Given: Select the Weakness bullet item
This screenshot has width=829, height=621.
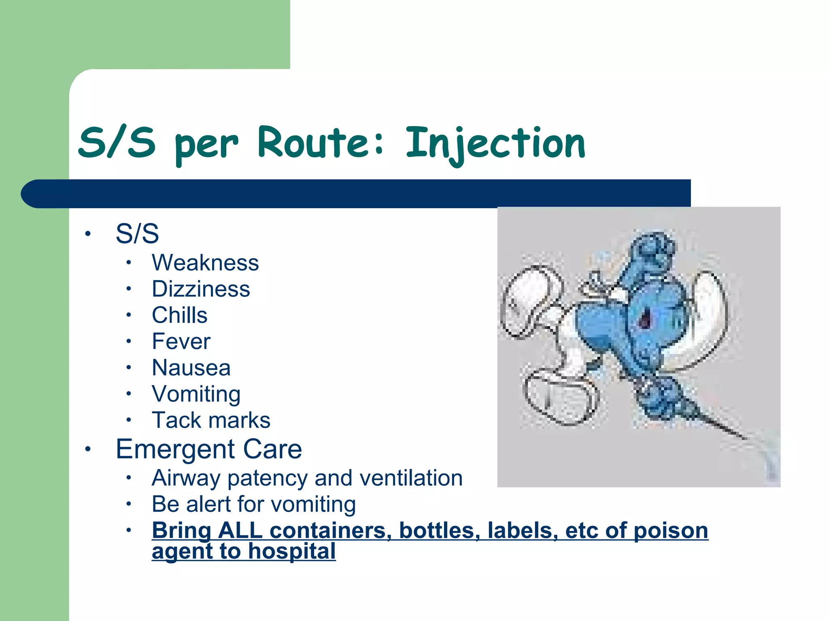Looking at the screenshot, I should click(205, 263).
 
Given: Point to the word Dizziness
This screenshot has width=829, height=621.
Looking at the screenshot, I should click(201, 289).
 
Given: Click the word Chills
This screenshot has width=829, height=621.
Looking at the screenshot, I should click(179, 315).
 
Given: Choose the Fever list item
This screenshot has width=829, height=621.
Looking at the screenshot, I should click(181, 341).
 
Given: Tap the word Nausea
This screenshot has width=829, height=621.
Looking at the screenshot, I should click(191, 368).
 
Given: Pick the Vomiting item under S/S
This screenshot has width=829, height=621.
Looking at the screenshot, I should click(196, 394).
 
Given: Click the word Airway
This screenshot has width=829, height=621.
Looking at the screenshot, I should click(186, 478).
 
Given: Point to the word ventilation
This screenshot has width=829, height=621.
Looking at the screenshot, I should click(411, 478).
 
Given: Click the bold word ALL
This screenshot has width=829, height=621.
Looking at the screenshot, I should click(240, 530).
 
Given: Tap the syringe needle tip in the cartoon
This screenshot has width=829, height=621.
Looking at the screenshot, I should click(745, 438).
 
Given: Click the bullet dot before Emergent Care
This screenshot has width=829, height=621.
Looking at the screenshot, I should click(88, 449).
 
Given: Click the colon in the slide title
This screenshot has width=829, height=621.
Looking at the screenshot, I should click(379, 145).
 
